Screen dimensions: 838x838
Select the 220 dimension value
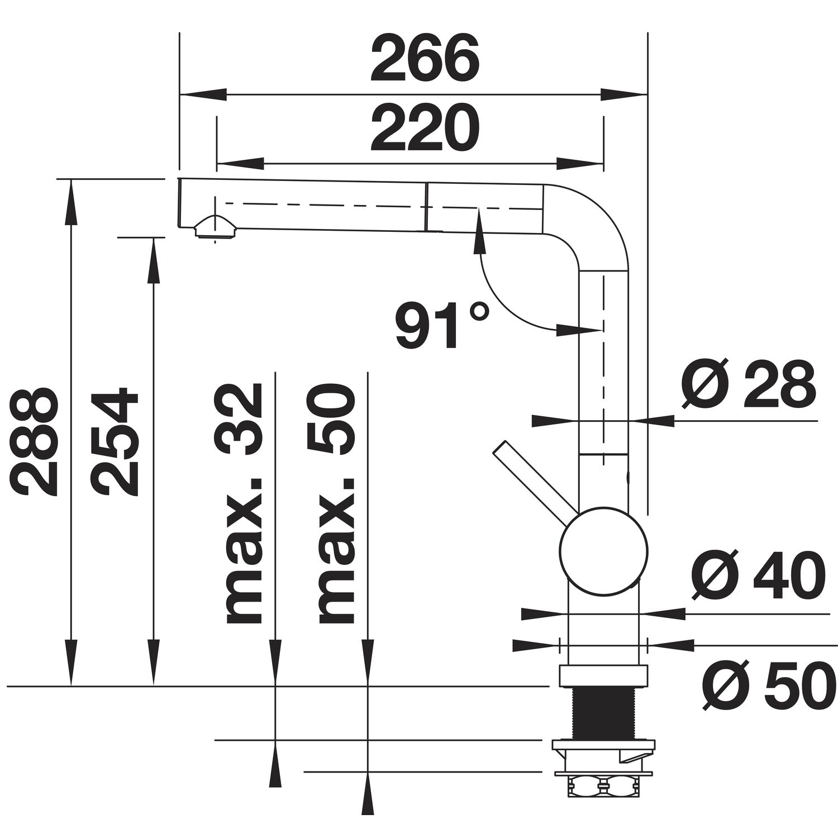[425, 129]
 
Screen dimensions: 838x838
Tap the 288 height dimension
[35, 441]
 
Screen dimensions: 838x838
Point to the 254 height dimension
[115, 441]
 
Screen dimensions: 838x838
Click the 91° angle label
[442, 325]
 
